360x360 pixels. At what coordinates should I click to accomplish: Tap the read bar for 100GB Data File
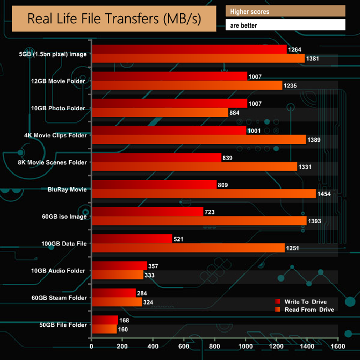pyautogui.click(x=188, y=248)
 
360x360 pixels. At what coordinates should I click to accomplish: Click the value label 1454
pyautogui.click(x=325, y=194)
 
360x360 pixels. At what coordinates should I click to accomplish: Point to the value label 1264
pyautogui.click(x=295, y=49)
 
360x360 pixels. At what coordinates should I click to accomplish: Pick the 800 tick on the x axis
pyautogui.click(x=215, y=347)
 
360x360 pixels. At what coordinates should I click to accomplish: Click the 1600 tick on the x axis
pyautogui.click(x=338, y=347)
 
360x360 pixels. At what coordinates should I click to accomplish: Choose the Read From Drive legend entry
pyautogui.click(x=309, y=310)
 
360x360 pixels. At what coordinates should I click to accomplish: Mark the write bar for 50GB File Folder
pyautogui.click(x=105, y=320)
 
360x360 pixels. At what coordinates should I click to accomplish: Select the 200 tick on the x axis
pyautogui.click(x=122, y=347)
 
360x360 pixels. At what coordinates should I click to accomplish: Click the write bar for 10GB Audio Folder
pyautogui.click(x=119, y=265)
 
